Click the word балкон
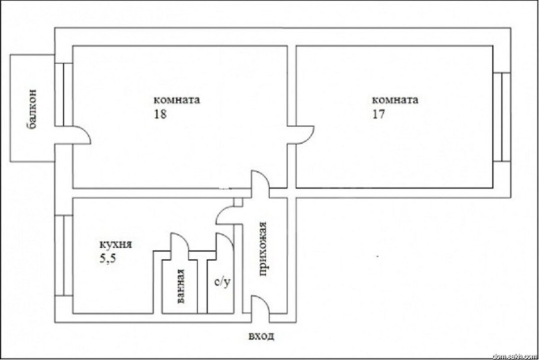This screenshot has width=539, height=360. tap(31, 108)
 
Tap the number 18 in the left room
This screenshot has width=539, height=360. tap(160, 114)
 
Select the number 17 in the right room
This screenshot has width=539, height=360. tap(378, 114)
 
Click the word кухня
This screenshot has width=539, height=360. tap(115, 245)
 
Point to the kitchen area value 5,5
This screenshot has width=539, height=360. tap(108, 258)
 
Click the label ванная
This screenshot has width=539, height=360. tap(181, 286)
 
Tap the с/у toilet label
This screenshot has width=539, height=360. tap(222, 282)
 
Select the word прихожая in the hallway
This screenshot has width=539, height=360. tap(262, 249)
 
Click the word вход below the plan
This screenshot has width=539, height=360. tap(261, 336)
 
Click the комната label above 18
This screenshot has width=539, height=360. tap(177, 100)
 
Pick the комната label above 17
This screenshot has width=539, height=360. tap(395, 100)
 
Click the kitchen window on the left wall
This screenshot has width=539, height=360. tap(63, 256)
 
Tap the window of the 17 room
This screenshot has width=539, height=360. tap(502, 117)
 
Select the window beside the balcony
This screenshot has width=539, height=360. tap(63, 95)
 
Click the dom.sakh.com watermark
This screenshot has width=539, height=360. tap(515, 356)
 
